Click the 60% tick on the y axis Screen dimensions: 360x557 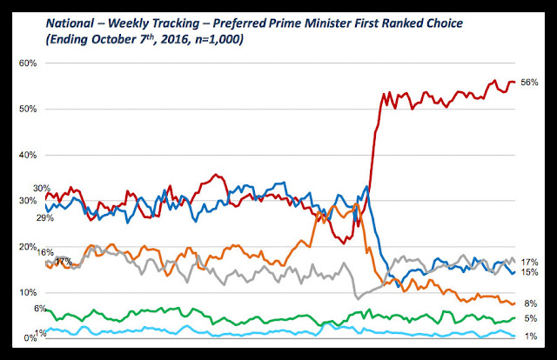pyautogui.click(x=26, y=63)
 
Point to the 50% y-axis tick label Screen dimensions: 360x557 pyautogui.click(x=26, y=109)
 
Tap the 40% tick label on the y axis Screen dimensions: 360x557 pyautogui.click(x=26, y=155)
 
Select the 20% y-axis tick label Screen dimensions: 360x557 pyautogui.click(x=26, y=246)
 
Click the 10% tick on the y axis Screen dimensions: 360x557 pyautogui.click(x=26, y=292)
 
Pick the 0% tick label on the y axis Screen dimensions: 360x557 pyautogui.click(x=29, y=337)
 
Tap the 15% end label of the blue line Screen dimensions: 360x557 pyautogui.click(x=529, y=273)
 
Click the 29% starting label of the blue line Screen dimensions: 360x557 pyautogui.click(x=44, y=217)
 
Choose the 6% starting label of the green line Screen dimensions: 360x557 pyautogui.click(x=40, y=309)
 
